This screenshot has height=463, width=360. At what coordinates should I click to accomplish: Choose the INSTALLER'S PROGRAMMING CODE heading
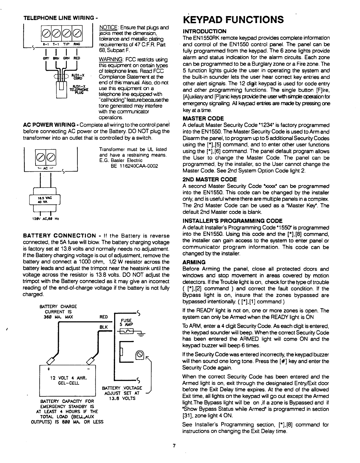232,221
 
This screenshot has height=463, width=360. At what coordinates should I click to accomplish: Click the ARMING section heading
194,262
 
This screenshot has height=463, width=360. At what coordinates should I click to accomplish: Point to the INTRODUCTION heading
204,31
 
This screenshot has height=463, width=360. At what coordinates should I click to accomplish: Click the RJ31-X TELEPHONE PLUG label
74,88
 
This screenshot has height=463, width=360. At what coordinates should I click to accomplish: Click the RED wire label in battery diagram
104,317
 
